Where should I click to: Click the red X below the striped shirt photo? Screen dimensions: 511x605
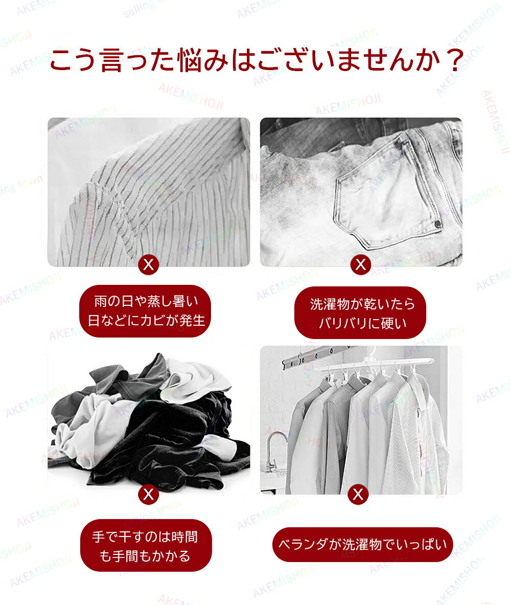149,265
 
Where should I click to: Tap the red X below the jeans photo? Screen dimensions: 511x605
361,265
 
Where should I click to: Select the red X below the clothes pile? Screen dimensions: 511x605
149,494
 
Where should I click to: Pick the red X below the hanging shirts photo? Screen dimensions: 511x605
358,494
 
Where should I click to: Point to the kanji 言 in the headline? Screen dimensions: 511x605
111,60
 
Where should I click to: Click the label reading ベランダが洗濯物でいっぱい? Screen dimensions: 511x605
362,545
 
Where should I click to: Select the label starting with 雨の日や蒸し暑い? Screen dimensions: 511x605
146,311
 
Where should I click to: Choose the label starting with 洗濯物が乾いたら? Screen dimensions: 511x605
360,312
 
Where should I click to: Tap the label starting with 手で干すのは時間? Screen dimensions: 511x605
146,546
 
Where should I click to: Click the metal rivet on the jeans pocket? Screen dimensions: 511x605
438,223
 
